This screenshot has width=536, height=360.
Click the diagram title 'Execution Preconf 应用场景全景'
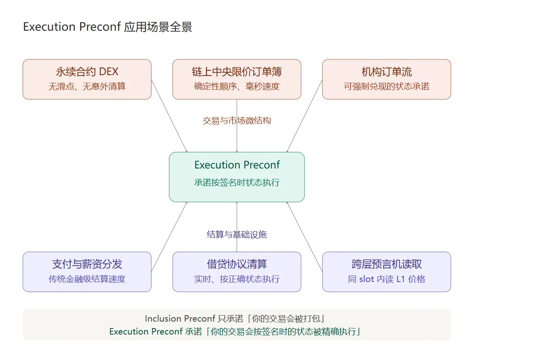point(108,27)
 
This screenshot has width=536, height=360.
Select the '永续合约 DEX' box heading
point(87,72)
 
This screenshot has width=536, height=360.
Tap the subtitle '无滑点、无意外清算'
point(87,86)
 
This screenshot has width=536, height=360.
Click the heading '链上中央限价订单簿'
point(237,72)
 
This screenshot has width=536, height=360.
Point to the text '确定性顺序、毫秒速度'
point(237,86)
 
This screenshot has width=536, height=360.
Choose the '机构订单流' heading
point(387,72)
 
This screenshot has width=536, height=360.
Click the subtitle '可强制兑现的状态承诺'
point(387,86)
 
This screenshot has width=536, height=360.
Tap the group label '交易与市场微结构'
point(237,120)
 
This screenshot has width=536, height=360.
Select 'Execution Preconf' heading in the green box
point(237,165)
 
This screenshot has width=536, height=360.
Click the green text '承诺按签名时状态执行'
point(237,183)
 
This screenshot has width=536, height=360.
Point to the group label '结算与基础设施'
point(237,234)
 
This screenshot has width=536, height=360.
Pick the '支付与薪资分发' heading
point(87,264)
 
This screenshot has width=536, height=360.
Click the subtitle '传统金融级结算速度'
point(87,279)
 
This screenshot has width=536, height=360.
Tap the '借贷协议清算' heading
point(237,264)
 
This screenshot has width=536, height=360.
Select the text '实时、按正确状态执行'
point(237,279)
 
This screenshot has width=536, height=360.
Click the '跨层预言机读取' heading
point(387,264)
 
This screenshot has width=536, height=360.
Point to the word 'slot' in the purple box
point(367,279)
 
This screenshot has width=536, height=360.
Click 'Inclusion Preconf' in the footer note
point(180,319)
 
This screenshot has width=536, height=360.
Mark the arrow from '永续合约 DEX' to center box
point(169,116)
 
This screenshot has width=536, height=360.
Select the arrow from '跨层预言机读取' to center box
point(305,237)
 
